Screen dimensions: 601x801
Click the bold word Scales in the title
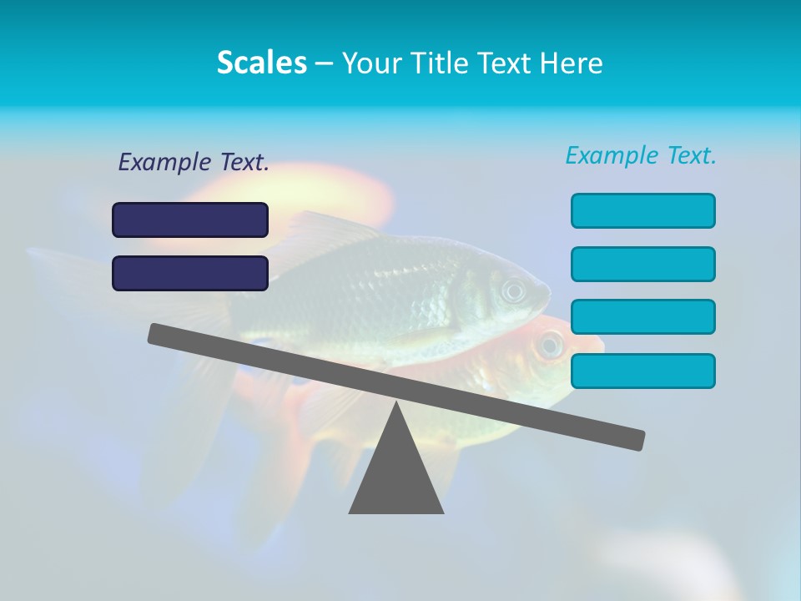261,63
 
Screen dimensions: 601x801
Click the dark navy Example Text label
194,163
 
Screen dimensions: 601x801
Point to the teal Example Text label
641,155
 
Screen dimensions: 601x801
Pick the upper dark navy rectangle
190,220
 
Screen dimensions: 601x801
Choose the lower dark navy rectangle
190,273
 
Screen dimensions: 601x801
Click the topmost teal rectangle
643,210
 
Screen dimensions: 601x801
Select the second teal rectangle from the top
643,264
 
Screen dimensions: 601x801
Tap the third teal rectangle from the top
643,316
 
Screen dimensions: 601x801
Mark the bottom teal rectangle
643,371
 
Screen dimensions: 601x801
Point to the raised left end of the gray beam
159,334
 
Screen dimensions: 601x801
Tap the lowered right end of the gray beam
634,439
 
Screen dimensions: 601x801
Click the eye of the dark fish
513,290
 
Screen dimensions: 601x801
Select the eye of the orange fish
550,343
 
